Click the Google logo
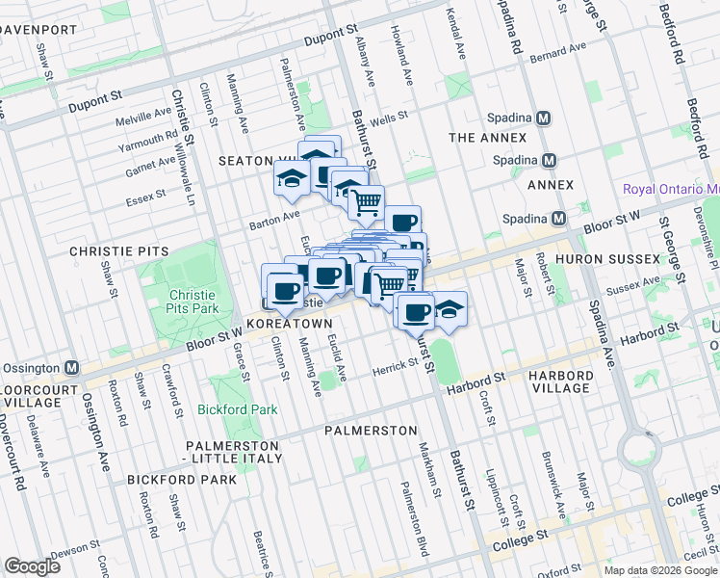tap(33, 566)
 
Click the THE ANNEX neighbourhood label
tap(487, 138)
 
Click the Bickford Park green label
tap(237, 409)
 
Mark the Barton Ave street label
tap(278, 215)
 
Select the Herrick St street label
tap(394, 365)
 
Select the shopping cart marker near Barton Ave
tap(366, 202)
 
